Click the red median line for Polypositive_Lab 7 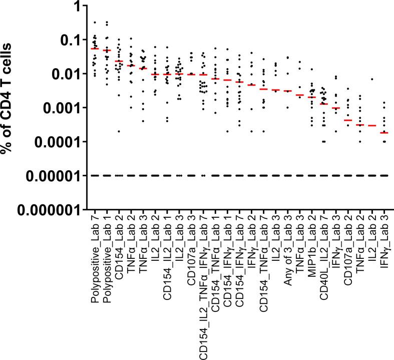pyautogui.click(x=95, y=49)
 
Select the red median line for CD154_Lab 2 pyautogui.click(x=119, y=61)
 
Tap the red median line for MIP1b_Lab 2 pyautogui.click(x=311, y=97)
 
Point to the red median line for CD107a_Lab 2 pyautogui.click(x=347, y=120)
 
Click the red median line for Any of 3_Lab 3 pyautogui.click(x=287, y=91)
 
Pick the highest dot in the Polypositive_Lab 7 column pyautogui.click(x=95, y=23)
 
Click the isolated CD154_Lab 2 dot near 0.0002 pyautogui.click(x=119, y=131)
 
